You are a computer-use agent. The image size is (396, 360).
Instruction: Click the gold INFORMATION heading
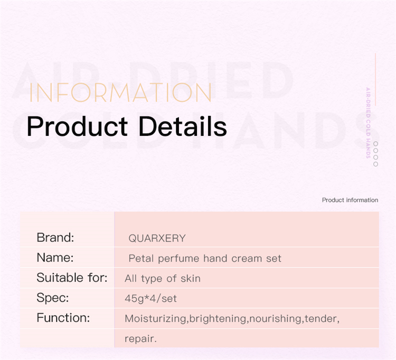click(x=120, y=93)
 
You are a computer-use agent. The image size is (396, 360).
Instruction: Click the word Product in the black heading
click(x=77, y=126)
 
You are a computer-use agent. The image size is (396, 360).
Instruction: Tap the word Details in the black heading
click(x=183, y=126)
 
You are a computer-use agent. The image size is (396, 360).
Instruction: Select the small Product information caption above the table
click(x=350, y=200)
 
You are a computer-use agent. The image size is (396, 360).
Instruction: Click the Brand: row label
click(x=55, y=237)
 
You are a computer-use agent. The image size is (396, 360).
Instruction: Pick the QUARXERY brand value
click(x=157, y=238)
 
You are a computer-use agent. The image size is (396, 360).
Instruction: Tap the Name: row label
click(x=55, y=257)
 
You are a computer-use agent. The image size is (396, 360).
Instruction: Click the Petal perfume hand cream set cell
click(x=205, y=259)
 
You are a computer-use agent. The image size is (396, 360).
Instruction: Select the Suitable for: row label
click(x=72, y=278)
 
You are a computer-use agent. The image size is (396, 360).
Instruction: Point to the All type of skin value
click(x=163, y=279)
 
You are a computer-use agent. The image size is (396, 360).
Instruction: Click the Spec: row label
click(x=52, y=298)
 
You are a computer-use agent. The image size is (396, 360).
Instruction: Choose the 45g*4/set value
click(x=151, y=299)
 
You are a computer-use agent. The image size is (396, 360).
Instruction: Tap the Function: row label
click(x=63, y=318)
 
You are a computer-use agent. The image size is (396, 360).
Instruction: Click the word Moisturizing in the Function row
click(x=155, y=319)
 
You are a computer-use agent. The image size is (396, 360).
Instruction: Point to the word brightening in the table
click(x=218, y=319)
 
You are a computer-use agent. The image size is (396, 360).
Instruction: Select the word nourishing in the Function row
click(x=275, y=319)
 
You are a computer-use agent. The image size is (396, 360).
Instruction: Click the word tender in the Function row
click(x=320, y=319)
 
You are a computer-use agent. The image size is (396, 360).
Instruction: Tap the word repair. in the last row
click(x=140, y=339)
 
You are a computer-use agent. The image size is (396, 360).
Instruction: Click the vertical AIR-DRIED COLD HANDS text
click(x=368, y=123)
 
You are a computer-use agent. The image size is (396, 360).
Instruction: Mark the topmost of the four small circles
click(x=375, y=144)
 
